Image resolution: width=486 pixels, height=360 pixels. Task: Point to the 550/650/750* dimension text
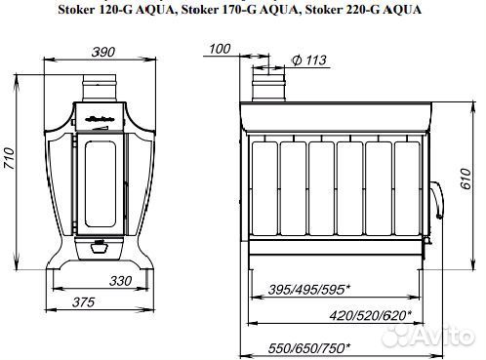tap(309, 346)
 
